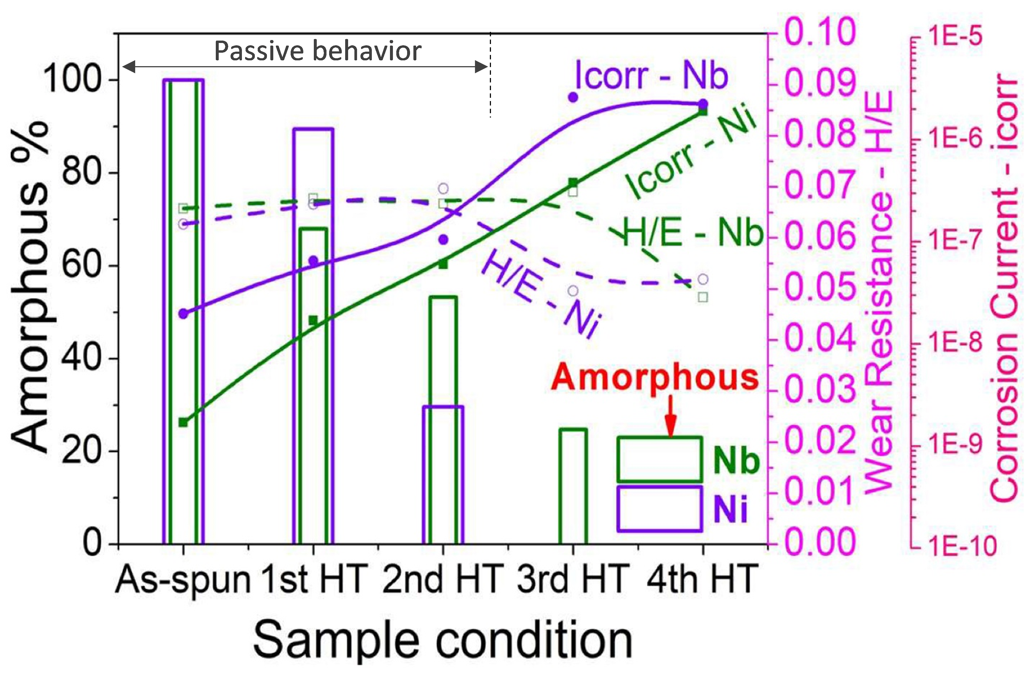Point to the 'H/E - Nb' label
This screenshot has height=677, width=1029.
[692, 233]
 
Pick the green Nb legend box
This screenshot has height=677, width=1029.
[659, 459]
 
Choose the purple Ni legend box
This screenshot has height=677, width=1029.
[659, 508]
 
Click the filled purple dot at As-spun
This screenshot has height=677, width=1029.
[183, 314]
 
